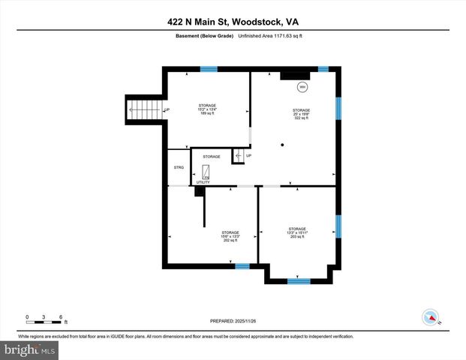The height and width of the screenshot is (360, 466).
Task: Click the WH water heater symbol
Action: (x=302, y=87)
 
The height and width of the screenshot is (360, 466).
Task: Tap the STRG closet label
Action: (x=179, y=167)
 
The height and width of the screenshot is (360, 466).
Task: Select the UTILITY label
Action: (x=203, y=182)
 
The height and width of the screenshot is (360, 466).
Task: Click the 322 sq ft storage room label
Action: (x=301, y=114)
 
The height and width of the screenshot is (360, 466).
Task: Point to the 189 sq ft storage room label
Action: (x=207, y=109)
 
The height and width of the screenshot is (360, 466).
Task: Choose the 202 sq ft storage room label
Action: (x=230, y=236)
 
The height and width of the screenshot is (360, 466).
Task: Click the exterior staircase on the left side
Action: (x=143, y=111)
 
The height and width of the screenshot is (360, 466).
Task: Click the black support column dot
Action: (x=282, y=144)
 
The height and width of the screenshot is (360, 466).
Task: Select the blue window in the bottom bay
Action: (x=299, y=281)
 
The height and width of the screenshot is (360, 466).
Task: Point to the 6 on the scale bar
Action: (x=60, y=316)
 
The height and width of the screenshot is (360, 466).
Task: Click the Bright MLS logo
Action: (x=30, y=349)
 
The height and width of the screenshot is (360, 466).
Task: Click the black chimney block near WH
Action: (x=290, y=75)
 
